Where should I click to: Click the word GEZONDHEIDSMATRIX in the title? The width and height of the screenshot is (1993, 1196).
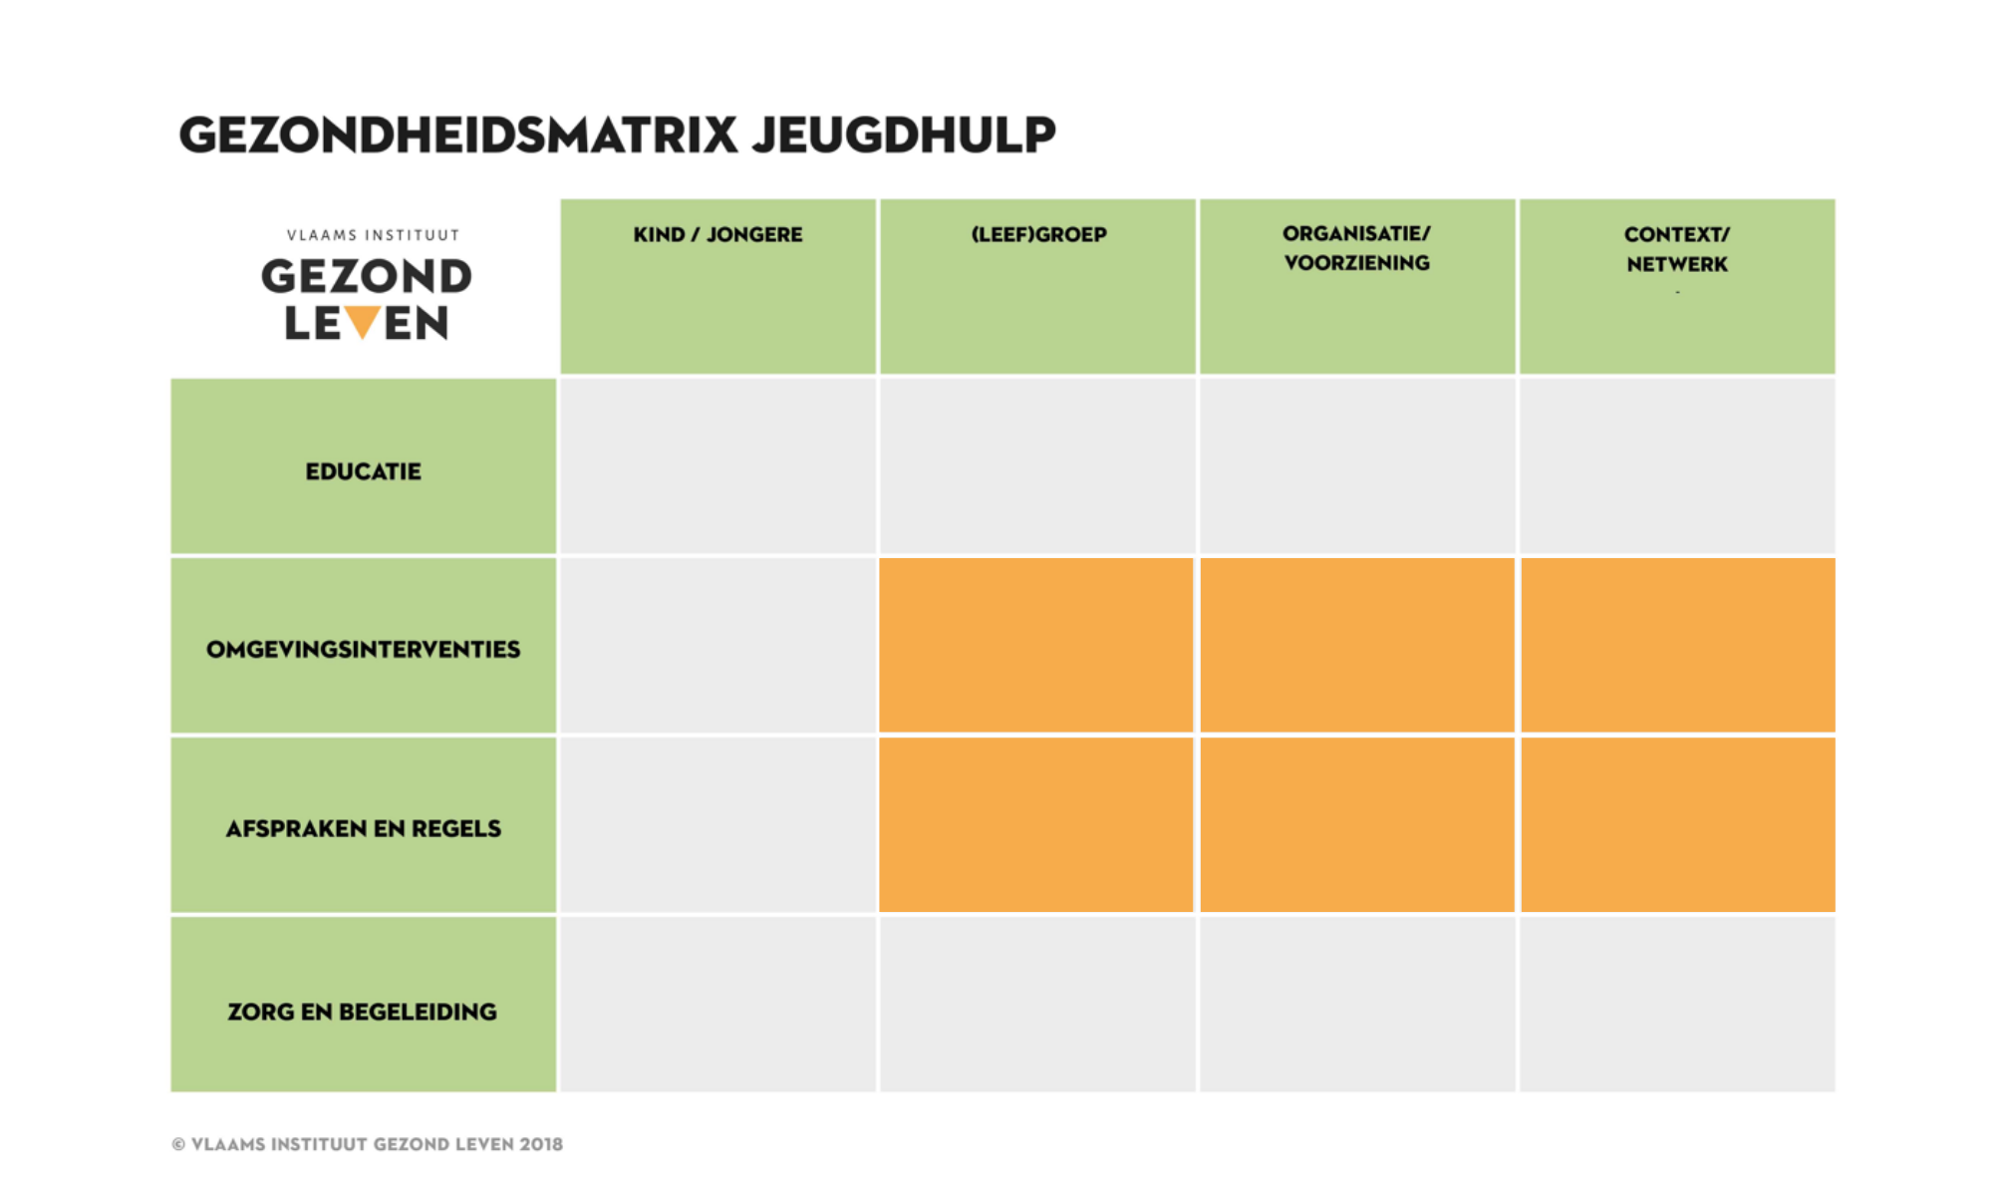point(458,135)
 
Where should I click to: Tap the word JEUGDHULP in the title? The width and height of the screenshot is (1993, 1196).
point(904,136)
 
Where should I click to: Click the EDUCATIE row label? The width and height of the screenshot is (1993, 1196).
point(363,471)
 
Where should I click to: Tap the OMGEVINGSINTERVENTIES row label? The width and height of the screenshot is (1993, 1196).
point(363,650)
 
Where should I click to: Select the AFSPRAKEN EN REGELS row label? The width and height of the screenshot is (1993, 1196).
point(363,828)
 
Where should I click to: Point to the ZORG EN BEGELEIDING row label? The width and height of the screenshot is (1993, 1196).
point(362,1012)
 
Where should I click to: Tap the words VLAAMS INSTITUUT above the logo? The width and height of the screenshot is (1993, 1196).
point(373,235)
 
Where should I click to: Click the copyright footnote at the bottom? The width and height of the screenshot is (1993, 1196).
point(367,1144)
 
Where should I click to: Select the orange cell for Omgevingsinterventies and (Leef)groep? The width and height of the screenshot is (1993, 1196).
point(1036,645)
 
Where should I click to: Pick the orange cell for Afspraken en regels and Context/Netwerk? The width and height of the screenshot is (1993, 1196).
point(1678,824)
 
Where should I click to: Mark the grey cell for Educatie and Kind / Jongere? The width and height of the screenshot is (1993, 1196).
point(717,465)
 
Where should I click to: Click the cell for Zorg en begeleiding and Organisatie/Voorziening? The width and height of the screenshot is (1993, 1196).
point(1357,1004)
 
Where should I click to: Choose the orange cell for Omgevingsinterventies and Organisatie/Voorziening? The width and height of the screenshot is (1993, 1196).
point(1357,645)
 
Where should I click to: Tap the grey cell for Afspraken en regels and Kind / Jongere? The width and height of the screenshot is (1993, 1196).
point(717,824)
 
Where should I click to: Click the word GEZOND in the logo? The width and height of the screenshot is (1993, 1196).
point(367,277)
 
